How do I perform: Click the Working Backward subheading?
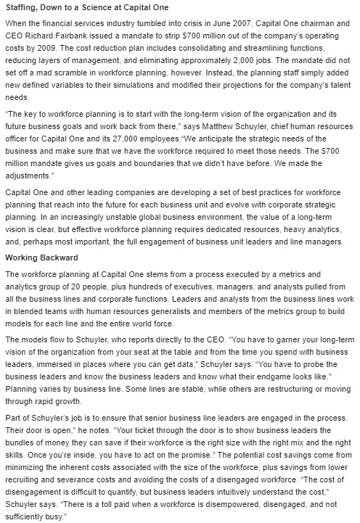point(41,257)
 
